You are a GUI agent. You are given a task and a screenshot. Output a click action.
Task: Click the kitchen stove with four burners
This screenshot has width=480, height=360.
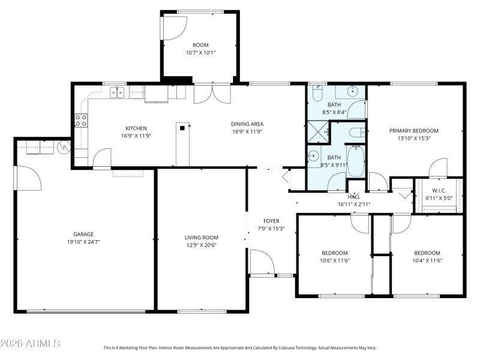pos(81,120)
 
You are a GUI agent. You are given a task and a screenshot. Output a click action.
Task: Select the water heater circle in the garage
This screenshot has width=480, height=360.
pos(62,146)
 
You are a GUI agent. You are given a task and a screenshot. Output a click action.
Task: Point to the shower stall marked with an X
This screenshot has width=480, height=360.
pos(318,131)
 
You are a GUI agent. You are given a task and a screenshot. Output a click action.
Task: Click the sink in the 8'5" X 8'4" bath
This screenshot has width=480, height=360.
pos(353,92)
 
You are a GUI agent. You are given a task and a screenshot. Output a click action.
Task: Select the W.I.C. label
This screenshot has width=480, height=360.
pos(439,190)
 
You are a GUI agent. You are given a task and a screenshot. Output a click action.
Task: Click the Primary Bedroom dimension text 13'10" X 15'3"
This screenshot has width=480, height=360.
pos(413,138)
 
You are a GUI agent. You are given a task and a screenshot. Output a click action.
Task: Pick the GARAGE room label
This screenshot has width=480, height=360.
pos(84,235)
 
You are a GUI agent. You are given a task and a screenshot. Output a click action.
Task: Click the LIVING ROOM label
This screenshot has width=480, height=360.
pos(201,238)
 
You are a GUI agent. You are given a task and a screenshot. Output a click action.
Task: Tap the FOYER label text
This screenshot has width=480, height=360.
pos(271,221)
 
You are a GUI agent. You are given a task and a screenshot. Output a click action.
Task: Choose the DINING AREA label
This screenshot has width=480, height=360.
pos(247,124)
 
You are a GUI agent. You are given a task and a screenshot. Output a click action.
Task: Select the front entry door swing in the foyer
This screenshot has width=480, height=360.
pos(263,262)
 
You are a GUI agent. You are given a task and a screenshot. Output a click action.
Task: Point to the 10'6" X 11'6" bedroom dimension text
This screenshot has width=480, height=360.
pos(334,260)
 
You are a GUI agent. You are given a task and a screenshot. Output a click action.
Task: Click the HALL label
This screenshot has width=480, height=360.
pos(353,197)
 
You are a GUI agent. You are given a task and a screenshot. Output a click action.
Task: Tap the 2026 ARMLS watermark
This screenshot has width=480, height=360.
pos(30,344)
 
